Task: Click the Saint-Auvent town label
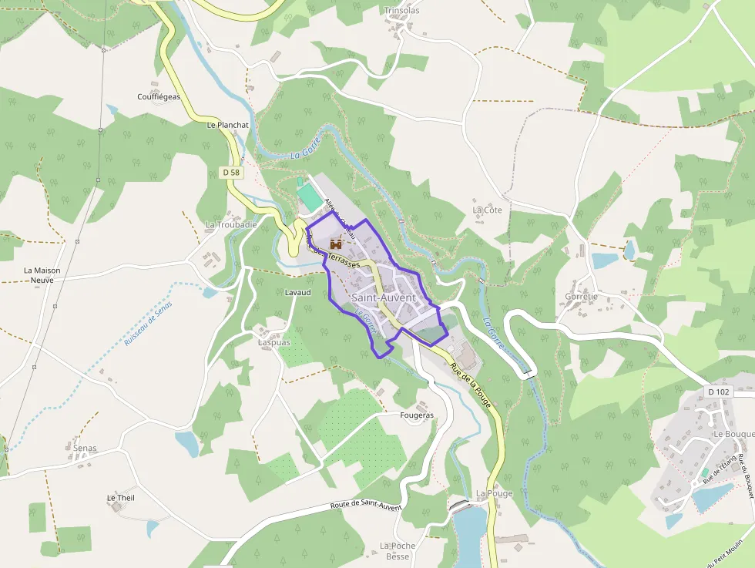tap(383, 297)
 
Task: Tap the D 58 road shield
tap(231, 173)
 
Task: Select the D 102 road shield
tap(718, 392)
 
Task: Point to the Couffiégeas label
tap(159, 96)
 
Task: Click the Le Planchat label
tap(228, 124)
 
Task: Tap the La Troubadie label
tap(231, 224)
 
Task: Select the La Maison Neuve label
tap(42, 275)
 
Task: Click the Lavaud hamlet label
tap(297, 293)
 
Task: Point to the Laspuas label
tap(274, 342)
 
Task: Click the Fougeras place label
tap(418, 415)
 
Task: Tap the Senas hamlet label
tap(85, 448)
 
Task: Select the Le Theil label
tap(120, 498)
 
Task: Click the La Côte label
tap(487, 210)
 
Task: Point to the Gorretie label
tap(581, 296)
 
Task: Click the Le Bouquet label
tap(733, 434)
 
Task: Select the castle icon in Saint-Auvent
tap(336, 244)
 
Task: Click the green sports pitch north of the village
tap(310, 197)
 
